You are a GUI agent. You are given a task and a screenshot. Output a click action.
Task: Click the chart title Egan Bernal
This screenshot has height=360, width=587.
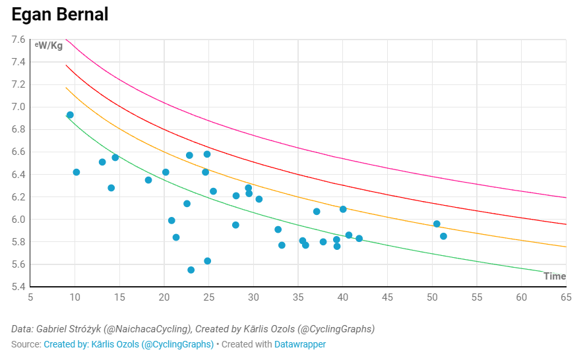(x=60, y=14)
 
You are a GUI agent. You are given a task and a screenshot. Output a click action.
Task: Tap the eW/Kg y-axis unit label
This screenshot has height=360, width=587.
(x=49, y=45)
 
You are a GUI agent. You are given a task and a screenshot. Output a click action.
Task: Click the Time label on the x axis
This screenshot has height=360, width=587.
(x=555, y=276)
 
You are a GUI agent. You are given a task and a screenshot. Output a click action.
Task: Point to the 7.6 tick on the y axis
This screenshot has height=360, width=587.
(x=18, y=40)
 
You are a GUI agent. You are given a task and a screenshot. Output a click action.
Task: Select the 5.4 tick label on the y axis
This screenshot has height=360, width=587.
(x=18, y=287)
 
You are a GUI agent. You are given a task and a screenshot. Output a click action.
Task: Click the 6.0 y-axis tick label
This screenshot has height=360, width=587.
(x=18, y=220)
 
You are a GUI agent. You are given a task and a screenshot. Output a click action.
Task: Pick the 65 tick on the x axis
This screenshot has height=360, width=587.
(x=566, y=297)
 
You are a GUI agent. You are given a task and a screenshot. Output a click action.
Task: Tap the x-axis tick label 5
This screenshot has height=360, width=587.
(x=30, y=297)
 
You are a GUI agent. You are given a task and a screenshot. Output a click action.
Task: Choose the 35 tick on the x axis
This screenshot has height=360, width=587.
(x=298, y=297)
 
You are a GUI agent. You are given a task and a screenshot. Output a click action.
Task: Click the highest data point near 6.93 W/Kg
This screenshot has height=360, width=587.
(x=70, y=115)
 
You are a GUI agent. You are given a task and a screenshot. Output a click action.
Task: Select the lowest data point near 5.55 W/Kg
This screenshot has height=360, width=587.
(x=191, y=270)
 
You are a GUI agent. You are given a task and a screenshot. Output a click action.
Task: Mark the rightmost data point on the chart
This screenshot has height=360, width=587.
(x=443, y=236)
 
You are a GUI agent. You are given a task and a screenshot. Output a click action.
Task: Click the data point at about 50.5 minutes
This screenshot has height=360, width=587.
(x=437, y=224)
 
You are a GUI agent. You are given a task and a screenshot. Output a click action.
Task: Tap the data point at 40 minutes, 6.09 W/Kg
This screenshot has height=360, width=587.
(x=343, y=209)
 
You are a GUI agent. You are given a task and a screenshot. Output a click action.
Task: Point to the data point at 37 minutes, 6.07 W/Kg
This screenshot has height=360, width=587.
(x=317, y=212)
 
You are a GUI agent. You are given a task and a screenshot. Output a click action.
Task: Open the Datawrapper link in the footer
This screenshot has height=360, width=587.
(x=300, y=344)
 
